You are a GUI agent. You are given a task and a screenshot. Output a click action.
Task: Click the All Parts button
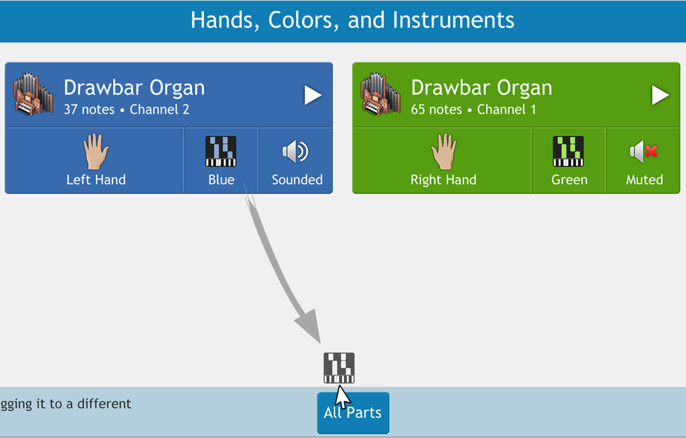pyautogui.click(x=353, y=413)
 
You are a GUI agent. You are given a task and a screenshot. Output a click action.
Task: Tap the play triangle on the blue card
pyautogui.click(x=313, y=95)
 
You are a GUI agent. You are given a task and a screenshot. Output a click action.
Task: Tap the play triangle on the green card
pyautogui.click(x=660, y=95)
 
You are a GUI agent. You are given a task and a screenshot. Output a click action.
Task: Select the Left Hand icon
pyautogui.click(x=96, y=151)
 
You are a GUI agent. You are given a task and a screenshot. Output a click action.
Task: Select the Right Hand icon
pyautogui.click(x=444, y=151)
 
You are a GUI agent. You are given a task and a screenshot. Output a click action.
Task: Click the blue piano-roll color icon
pyautogui.click(x=221, y=151)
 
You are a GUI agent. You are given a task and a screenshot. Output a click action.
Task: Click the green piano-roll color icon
pyautogui.click(x=568, y=151)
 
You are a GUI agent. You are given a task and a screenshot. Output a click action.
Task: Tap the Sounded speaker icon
pyautogui.click(x=296, y=152)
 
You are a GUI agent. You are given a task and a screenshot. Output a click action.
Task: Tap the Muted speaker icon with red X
pyautogui.click(x=643, y=152)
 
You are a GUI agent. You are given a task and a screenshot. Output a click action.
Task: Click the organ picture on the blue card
pyautogui.click(x=33, y=94)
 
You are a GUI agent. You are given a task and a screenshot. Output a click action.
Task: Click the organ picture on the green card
pyautogui.click(x=380, y=94)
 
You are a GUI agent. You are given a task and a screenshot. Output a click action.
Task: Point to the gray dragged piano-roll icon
pyautogui.click(x=339, y=368)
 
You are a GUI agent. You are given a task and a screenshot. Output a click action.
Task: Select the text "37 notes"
pyautogui.click(x=89, y=109)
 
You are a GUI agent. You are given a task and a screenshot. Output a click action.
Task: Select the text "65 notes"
pyautogui.click(x=436, y=109)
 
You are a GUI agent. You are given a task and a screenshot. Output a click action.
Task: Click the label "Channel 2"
pyautogui.click(x=160, y=109)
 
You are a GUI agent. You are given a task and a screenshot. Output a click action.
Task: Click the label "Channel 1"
pyautogui.click(x=507, y=109)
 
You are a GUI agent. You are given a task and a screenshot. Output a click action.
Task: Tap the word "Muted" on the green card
pyautogui.click(x=645, y=180)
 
